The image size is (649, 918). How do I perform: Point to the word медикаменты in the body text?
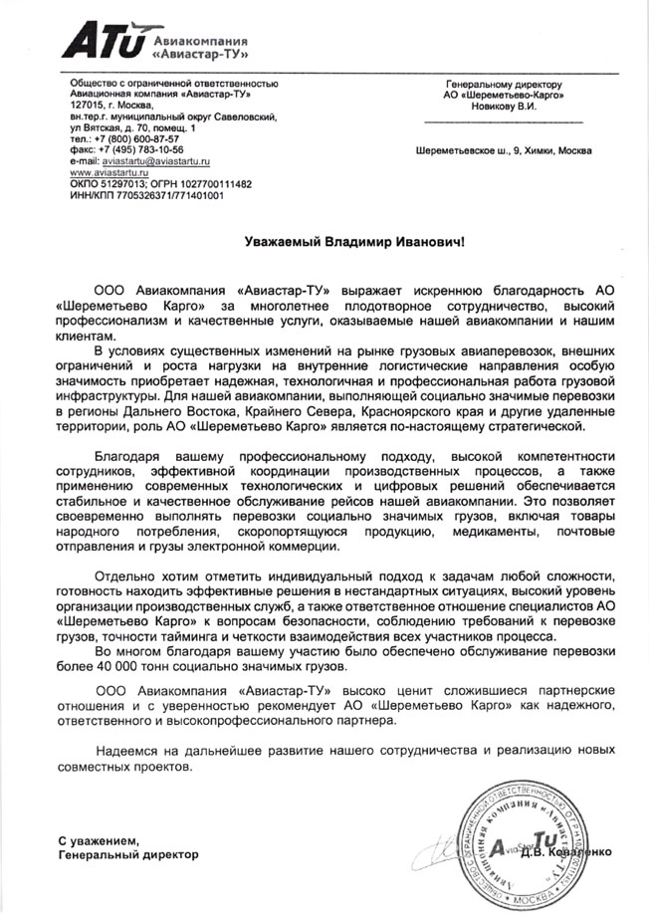[x=483, y=532]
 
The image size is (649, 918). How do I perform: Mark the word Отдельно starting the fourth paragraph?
[x=126, y=578]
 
